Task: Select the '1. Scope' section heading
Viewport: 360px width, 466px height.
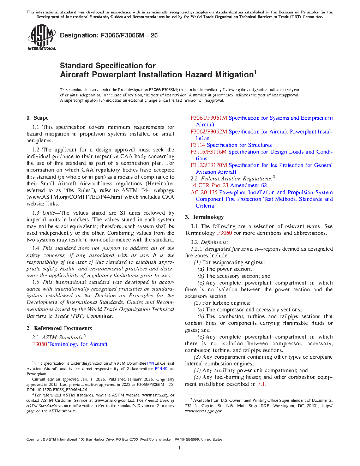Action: pos(37,118)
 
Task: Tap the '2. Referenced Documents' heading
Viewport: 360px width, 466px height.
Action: pos(59,328)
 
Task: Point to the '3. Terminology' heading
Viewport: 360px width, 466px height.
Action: pos(204,217)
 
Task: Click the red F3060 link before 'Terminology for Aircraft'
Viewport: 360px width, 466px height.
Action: pos(40,344)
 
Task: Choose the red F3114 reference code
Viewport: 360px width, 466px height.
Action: pos(198,145)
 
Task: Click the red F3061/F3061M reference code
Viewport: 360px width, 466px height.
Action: pos(209,118)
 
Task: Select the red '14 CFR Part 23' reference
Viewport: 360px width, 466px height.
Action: pos(209,185)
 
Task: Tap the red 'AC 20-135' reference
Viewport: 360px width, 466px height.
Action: pos(204,192)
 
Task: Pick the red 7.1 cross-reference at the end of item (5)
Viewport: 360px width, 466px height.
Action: pos(261,384)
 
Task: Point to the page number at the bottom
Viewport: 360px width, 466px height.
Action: pos(180,448)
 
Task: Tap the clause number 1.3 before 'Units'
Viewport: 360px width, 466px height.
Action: pos(36,213)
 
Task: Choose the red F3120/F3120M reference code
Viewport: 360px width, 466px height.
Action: pos(209,165)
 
